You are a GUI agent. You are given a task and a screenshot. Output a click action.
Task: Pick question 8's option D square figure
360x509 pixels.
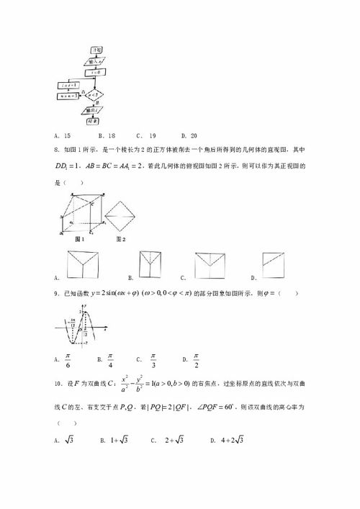[274, 263]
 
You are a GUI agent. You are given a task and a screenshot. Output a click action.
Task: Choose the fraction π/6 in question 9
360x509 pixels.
[68, 358]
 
